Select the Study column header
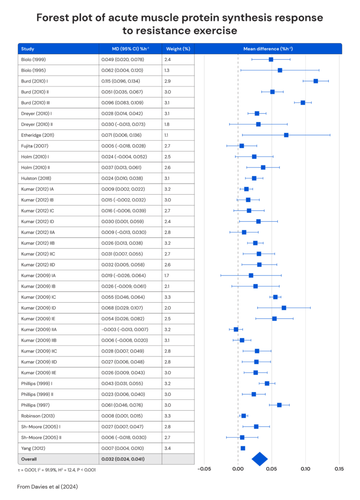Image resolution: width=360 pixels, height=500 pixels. pyautogui.click(x=27, y=49)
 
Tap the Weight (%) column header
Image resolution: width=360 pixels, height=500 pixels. pyautogui.click(x=177, y=49)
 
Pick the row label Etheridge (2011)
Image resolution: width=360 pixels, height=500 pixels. pyautogui.click(x=38, y=135)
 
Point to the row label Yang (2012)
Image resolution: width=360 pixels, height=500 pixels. pyautogui.click(x=32, y=448)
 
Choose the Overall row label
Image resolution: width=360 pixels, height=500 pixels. pyautogui.click(x=28, y=459)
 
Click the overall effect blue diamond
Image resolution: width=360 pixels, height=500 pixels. pyautogui.click(x=260, y=458)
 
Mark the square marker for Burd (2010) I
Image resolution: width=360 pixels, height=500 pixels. pyautogui.click(x=316, y=81)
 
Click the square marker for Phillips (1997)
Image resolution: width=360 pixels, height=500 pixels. pyautogui.click(x=279, y=405)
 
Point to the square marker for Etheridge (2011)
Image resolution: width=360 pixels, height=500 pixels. pyautogui.click(x=286, y=135)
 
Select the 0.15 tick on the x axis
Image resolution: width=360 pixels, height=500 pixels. pyautogui.click(x=339, y=469)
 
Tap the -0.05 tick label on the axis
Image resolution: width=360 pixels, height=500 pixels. pyautogui.click(x=204, y=469)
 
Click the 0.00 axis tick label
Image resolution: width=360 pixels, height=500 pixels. pyautogui.click(x=238, y=469)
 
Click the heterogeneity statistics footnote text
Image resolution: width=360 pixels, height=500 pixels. pyautogui.click(x=57, y=470)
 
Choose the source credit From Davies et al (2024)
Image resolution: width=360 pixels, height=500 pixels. pyautogui.click(x=47, y=487)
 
